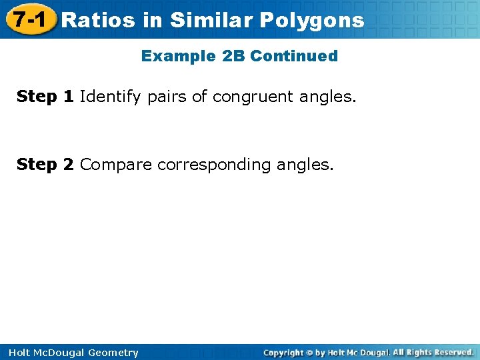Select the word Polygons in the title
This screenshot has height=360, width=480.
[x=311, y=20]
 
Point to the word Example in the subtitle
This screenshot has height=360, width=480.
[x=178, y=56]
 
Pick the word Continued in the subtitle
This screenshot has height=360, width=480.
[x=294, y=56]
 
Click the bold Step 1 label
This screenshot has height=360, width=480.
[x=45, y=97]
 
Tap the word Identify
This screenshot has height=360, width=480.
[x=110, y=97]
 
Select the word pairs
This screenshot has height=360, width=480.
[x=167, y=97]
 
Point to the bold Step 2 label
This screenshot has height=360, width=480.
[x=45, y=164]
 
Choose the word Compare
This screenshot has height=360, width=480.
[x=116, y=165]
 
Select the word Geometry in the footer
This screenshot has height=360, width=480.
[x=113, y=353]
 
